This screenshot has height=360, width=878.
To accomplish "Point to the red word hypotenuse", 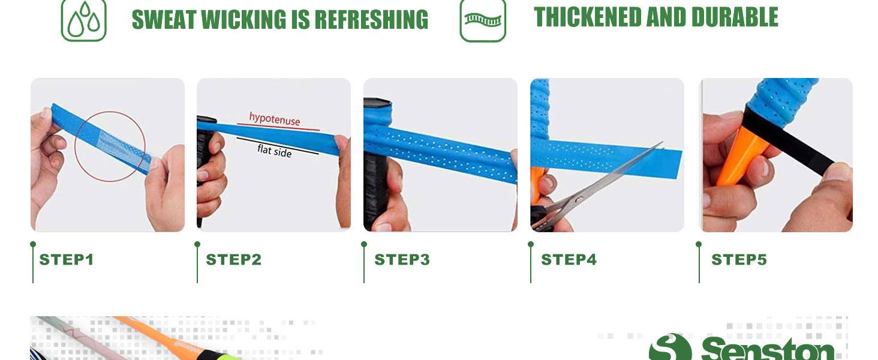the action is [275, 119].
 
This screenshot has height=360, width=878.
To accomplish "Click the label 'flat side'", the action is [275, 151].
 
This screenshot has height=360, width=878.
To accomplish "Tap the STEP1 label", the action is [67, 260].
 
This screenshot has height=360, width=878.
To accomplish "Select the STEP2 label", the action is [234, 260].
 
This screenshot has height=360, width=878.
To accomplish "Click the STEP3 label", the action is [402, 260].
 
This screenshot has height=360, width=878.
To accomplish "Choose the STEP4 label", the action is [569, 260].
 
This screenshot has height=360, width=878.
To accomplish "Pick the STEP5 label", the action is [739, 260].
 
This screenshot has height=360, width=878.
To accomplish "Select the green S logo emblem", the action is [670, 347].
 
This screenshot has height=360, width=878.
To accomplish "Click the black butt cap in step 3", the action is [377, 103].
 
